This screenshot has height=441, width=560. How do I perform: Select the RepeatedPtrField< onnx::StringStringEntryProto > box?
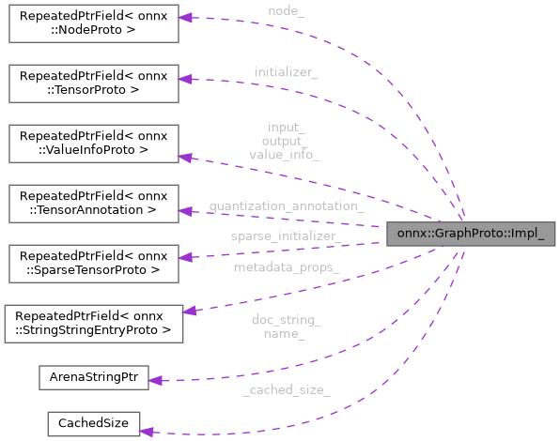(x=94, y=321)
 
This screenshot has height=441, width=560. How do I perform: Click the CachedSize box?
(x=94, y=423)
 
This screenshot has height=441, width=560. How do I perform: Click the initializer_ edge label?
(x=286, y=72)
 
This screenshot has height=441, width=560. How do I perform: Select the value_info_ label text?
(x=284, y=154)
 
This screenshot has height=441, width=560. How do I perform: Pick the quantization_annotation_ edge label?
(x=286, y=205)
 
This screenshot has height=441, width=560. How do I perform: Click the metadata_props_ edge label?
(x=286, y=268)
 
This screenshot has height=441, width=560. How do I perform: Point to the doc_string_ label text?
(x=286, y=320)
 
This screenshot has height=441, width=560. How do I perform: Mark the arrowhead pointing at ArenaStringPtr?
(x=157, y=381)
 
